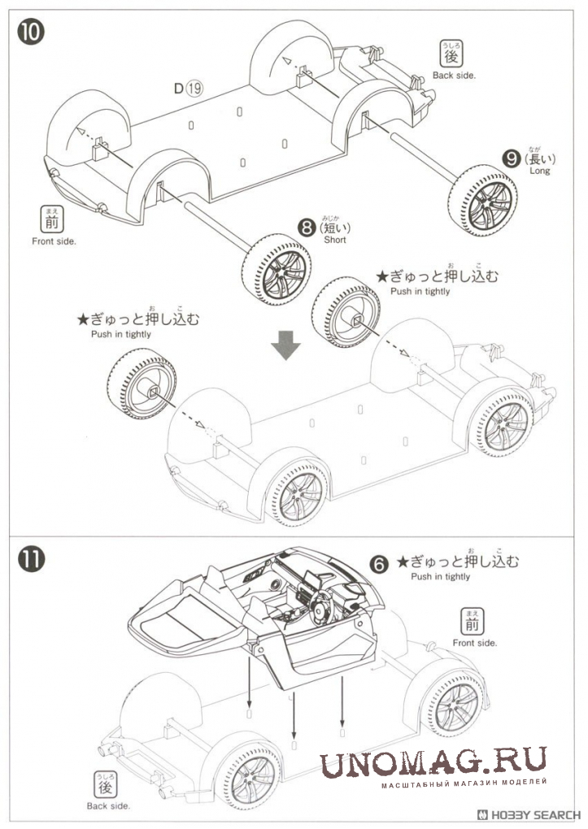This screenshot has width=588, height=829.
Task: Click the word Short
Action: coord(334,241)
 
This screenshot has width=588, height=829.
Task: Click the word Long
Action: coord(539,171)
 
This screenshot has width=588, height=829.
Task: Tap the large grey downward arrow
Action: coord(285,345)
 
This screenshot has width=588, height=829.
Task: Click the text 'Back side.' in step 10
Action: coord(454,76)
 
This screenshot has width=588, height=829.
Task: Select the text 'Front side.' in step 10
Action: coord(54,241)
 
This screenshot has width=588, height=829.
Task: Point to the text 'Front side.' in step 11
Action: coord(475,643)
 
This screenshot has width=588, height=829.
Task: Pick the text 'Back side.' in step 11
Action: coord(108,806)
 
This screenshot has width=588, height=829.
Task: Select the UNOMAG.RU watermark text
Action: coord(432,764)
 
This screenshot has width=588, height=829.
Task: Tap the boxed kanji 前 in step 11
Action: coord(472,623)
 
